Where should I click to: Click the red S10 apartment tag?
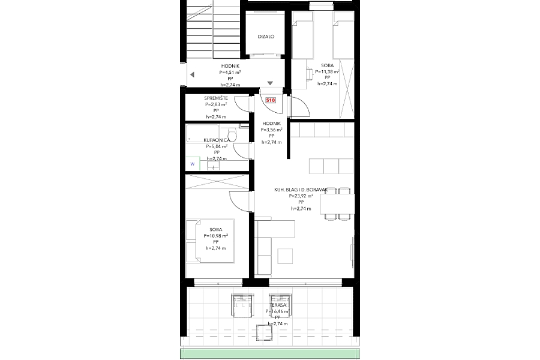[270, 101]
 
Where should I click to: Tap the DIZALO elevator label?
[266, 37]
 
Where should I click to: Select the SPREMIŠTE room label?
[216, 98]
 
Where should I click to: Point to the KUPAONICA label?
[217, 140]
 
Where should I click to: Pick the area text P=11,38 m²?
[328, 71]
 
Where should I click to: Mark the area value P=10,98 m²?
[215, 236]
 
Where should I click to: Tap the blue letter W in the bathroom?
[193, 163]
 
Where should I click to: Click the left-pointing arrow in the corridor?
[192, 74]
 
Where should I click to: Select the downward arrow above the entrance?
[270, 83]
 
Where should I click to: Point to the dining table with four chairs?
[337, 205]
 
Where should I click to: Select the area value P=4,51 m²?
[230, 72]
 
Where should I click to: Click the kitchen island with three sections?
[331, 165]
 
